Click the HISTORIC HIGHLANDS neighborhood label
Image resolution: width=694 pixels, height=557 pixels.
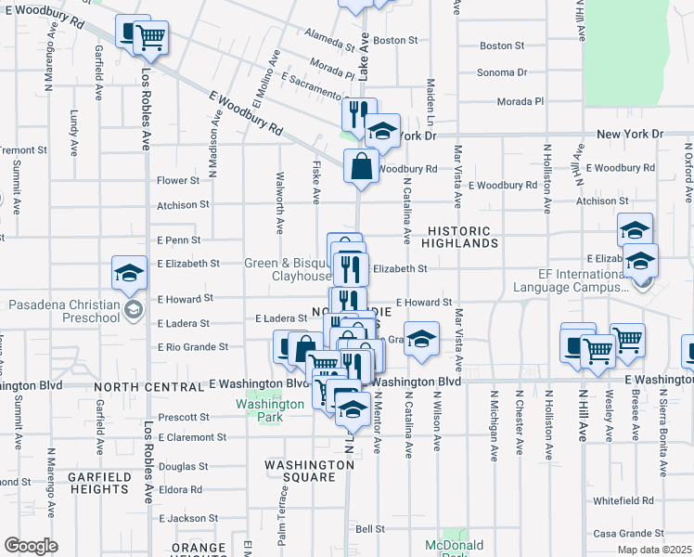[462, 237]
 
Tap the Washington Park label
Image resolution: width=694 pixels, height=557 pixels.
[269, 410]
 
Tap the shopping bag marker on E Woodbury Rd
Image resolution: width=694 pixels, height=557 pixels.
[362, 167]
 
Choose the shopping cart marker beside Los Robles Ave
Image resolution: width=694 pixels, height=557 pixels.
[150, 38]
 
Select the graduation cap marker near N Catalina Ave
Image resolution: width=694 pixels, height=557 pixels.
[421, 339]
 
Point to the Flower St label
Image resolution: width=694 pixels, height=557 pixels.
[178, 180]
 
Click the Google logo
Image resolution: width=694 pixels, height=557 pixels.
[31, 545]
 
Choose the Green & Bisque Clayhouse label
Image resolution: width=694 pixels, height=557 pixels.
[289, 269]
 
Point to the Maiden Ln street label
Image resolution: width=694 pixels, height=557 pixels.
[430, 93]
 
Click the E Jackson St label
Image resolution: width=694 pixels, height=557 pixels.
[188, 518]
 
